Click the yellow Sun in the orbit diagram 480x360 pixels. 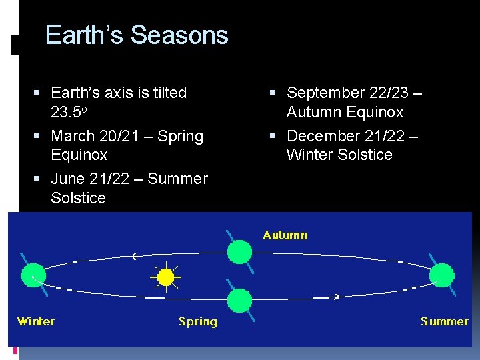(165, 276)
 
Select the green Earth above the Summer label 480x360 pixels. (441, 274)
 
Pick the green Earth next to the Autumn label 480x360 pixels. (239, 252)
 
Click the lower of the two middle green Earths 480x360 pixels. (239, 300)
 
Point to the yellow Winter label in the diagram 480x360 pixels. (36, 321)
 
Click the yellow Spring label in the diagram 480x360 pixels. (197, 321)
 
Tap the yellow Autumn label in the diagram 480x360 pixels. (285, 235)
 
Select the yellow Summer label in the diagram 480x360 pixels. (444, 321)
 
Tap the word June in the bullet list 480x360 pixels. (68, 179)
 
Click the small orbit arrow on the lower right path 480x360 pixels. (337, 296)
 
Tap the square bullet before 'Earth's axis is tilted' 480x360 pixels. (42, 93)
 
